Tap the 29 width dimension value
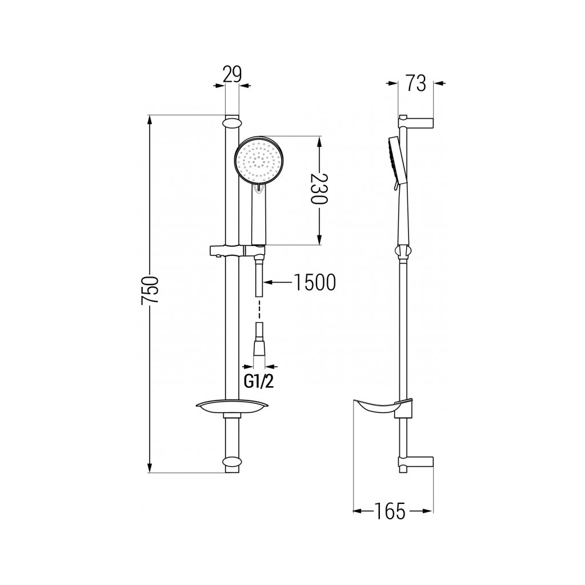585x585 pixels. click(x=232, y=74)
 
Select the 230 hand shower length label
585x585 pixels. click(x=319, y=189)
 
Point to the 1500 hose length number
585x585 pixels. click(x=315, y=282)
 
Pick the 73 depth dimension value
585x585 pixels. click(x=416, y=83)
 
